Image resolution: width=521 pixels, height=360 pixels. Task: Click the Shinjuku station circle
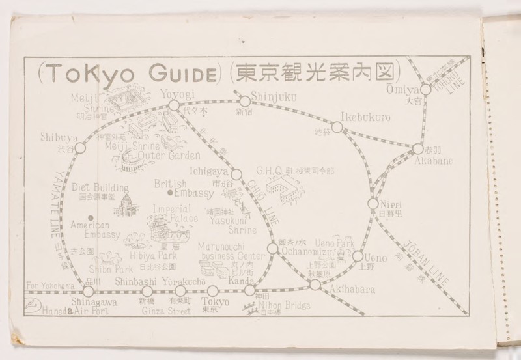pyautogui.click(x=245, y=101)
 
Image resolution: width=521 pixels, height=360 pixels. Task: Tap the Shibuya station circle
pyautogui.click(x=81, y=148)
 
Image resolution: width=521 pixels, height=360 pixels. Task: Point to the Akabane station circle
pyautogui.click(x=418, y=149)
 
